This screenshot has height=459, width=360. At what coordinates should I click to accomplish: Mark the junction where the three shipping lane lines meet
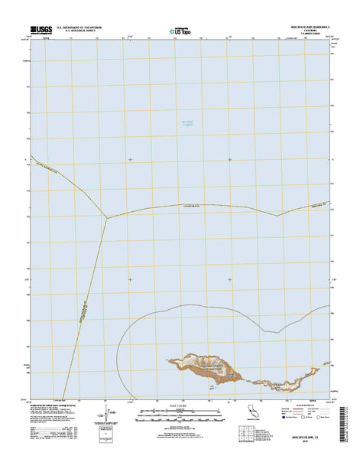click(107, 217)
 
